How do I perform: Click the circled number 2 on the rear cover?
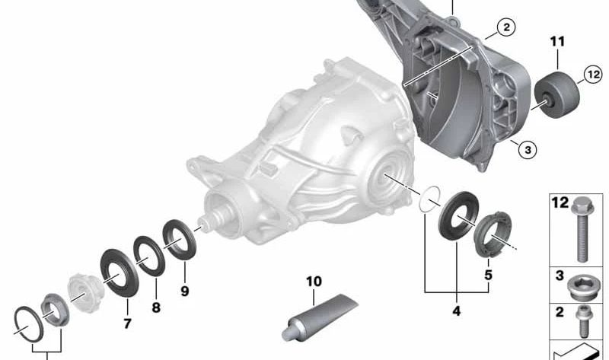[x=505, y=28]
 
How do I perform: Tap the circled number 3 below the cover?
[x=525, y=150]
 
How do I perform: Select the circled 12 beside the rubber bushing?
[x=593, y=74]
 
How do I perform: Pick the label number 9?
[x=185, y=290]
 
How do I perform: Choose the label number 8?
[x=156, y=308]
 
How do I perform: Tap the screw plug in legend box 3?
[x=582, y=287]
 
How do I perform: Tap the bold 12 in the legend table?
[x=560, y=203]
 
